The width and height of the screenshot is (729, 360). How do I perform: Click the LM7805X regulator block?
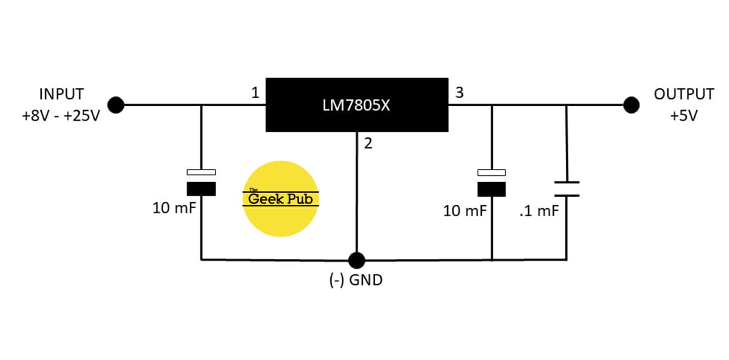tap(357, 105)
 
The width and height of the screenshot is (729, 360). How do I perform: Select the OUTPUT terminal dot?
tap(631, 105)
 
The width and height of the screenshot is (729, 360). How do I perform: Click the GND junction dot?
tap(356, 260)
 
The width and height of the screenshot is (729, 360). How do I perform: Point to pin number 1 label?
tap(255, 93)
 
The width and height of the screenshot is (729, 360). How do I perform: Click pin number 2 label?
tap(368, 144)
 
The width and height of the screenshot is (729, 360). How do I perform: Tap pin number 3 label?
tap(459, 92)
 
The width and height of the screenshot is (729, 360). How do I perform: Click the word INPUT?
tap(61, 94)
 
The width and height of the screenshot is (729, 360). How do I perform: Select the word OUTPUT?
tap(683, 94)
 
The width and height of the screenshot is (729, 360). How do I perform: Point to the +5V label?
tap(683, 116)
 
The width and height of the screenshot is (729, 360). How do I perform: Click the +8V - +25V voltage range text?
tap(61, 116)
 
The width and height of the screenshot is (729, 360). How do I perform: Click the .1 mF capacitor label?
tap(539, 211)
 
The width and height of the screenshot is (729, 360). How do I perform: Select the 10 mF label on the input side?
tap(174, 208)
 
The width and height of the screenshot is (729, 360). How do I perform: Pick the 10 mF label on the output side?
tap(465, 211)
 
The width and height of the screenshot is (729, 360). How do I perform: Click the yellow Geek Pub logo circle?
tap(280, 199)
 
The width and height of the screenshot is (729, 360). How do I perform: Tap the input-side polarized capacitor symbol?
tap(201, 183)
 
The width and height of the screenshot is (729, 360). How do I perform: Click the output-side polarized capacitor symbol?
tap(492, 183)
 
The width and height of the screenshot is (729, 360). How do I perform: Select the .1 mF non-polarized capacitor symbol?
tap(566, 188)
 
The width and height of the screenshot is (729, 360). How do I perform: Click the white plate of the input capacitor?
tap(201, 172)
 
